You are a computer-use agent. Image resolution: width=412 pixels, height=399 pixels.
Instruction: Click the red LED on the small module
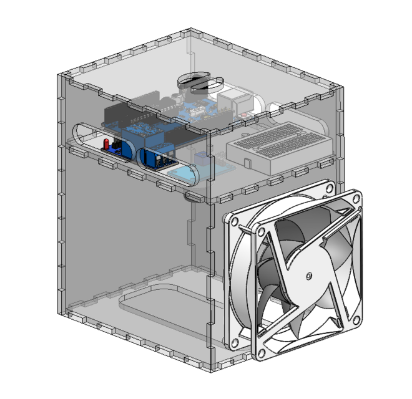pos(107,144)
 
